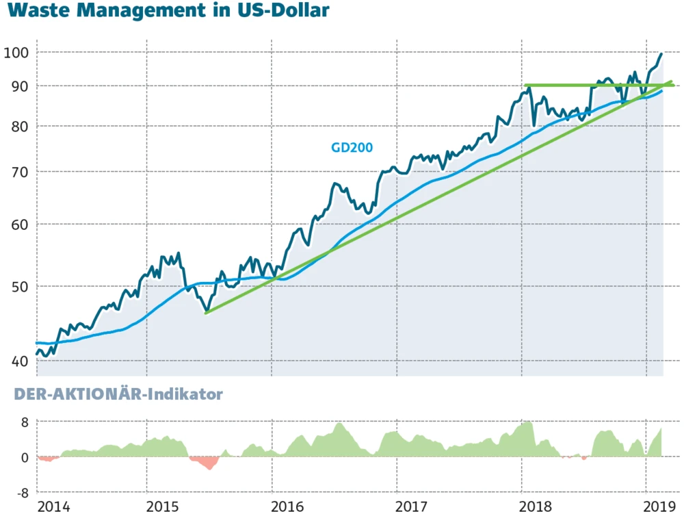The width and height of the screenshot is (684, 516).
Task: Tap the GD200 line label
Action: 352,146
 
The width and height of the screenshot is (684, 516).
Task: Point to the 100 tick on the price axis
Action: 15,53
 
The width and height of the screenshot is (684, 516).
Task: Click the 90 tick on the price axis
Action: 18,86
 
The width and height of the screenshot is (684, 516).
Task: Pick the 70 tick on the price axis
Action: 18,172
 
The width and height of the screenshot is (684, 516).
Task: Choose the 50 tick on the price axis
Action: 18,286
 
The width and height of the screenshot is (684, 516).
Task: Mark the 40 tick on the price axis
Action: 18,361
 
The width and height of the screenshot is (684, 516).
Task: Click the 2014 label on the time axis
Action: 53,507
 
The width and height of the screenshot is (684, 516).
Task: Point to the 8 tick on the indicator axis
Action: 24,422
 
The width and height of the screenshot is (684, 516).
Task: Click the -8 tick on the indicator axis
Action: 21,493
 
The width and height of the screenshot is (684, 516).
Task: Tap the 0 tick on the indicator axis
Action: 24,457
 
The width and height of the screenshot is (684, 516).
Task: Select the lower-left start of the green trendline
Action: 206,313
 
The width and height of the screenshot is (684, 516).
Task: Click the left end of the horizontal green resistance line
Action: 525,86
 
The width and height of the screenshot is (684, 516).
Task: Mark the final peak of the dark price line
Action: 661,53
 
